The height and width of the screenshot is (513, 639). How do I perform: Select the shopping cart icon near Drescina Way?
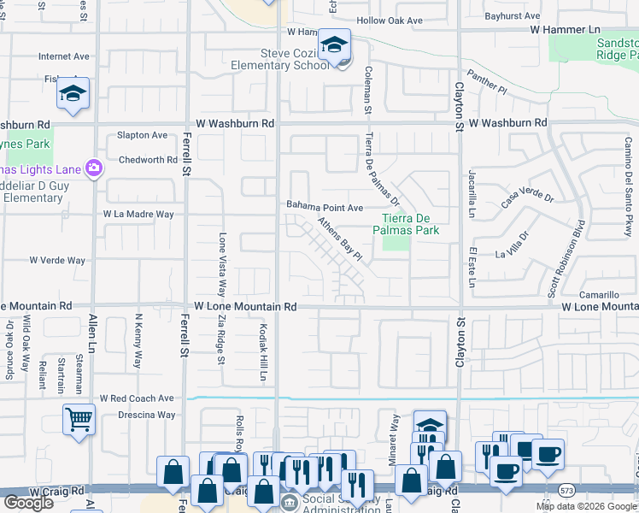coord(79,419)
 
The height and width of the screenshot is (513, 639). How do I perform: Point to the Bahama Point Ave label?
coord(325,208)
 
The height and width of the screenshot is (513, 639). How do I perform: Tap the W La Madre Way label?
coord(138,214)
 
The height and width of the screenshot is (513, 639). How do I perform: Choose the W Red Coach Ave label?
coord(137,398)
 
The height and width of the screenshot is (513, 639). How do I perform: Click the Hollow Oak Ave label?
coord(390,21)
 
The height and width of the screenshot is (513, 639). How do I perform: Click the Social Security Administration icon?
coord(290,501)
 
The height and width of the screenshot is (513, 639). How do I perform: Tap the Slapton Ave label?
coord(142,135)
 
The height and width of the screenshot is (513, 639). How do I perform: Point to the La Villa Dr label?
coord(513,245)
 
